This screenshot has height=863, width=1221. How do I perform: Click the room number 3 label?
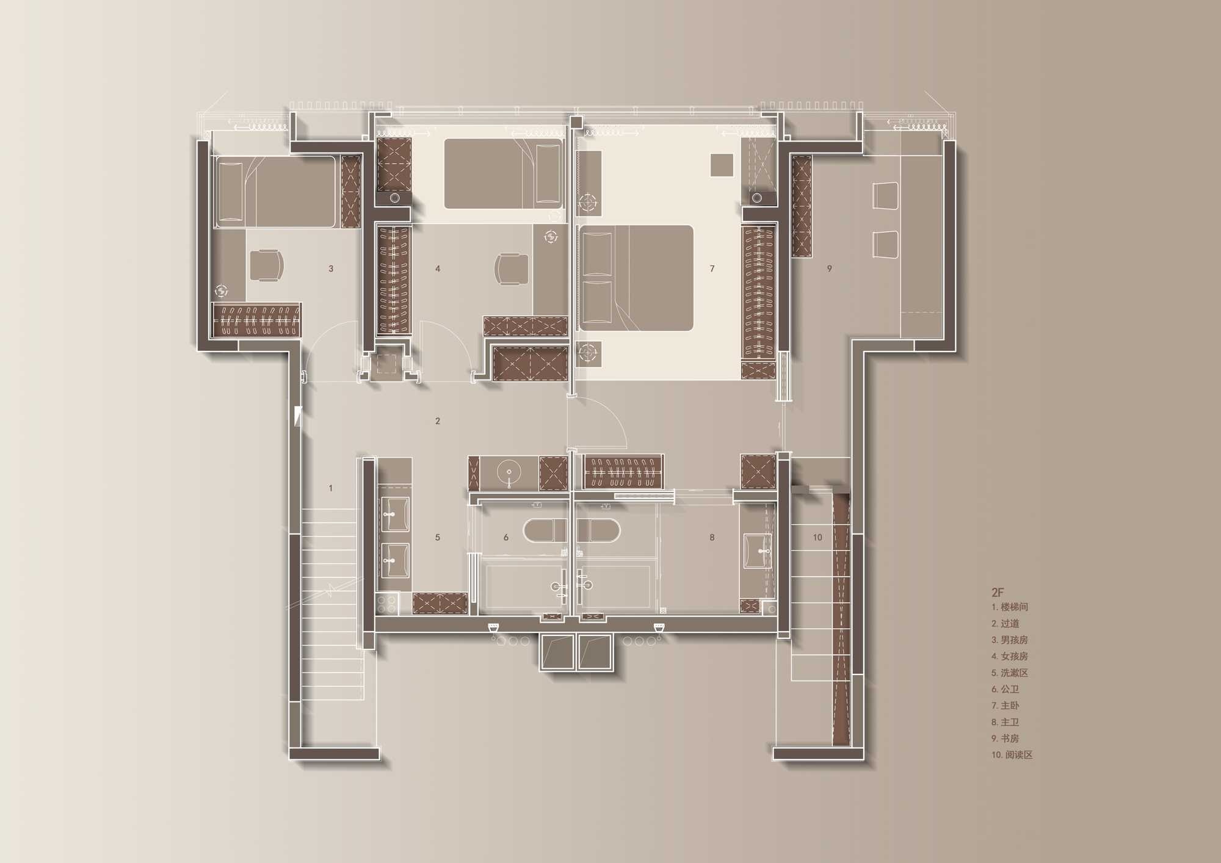(x=331, y=269)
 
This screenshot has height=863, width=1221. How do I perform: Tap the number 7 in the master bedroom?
(x=712, y=269)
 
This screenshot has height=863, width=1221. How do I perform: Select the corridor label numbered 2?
(x=438, y=421)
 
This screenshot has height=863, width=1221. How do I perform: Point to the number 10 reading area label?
(x=817, y=538)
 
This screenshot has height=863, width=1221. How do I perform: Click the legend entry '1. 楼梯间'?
(x=1009, y=607)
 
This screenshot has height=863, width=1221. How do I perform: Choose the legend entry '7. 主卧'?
(x=1005, y=706)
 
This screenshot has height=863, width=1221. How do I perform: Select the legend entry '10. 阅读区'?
(x=1012, y=755)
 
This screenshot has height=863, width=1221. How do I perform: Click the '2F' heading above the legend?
(x=998, y=592)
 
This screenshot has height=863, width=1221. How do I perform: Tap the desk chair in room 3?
(x=267, y=265)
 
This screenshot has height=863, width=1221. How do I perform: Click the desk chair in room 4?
(x=512, y=269)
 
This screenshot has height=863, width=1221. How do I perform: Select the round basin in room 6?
(x=509, y=472)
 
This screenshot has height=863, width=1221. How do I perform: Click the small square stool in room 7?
(x=722, y=165)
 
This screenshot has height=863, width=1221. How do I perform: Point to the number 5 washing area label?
(x=438, y=538)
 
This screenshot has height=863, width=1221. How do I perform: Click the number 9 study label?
(x=829, y=269)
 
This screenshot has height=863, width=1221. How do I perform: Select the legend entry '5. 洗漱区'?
(x=1009, y=673)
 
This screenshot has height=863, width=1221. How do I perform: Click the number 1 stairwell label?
(x=331, y=488)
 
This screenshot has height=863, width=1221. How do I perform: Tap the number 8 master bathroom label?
(x=712, y=538)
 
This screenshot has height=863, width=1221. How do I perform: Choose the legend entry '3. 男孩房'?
(x=1009, y=640)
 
